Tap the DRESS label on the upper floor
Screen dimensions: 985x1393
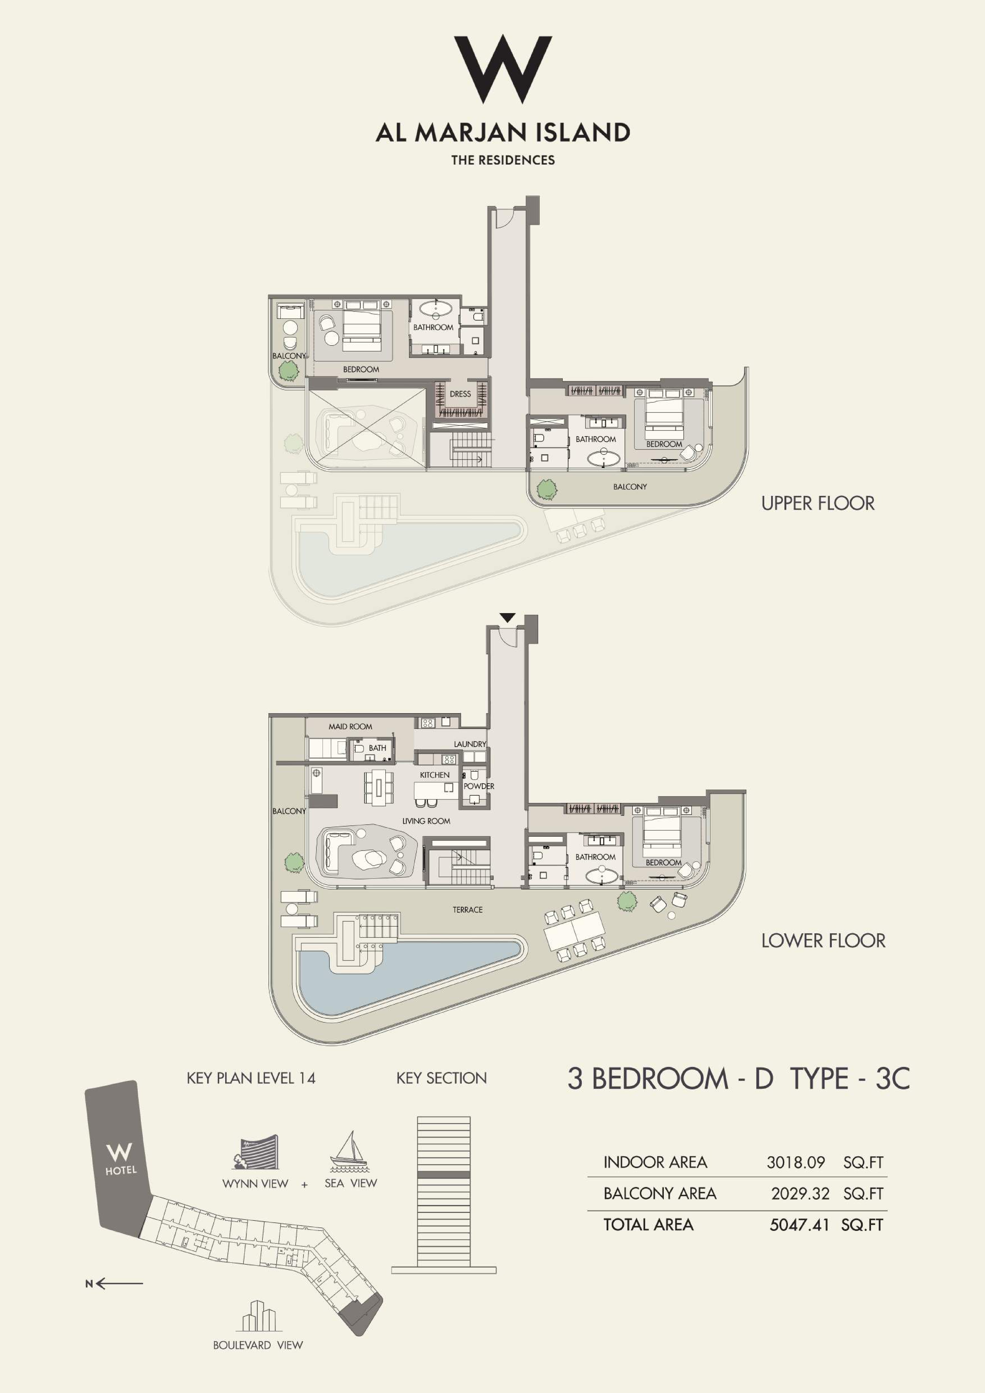[460, 394]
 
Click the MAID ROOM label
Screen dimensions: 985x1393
[351, 726]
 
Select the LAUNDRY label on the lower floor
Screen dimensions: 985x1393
[470, 744]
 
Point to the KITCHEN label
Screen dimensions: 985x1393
[435, 775]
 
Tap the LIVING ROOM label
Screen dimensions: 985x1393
[426, 821]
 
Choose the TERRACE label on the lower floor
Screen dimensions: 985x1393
[468, 909]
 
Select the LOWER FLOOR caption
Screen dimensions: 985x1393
[823, 940]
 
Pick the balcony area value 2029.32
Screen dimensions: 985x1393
[800, 1193]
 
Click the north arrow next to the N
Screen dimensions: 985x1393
[119, 1283]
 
